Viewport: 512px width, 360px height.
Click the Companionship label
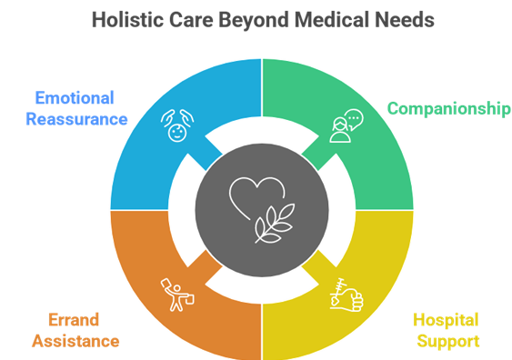[447, 109]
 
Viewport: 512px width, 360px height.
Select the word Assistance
[75, 341]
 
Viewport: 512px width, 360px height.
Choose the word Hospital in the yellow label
[446, 321]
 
